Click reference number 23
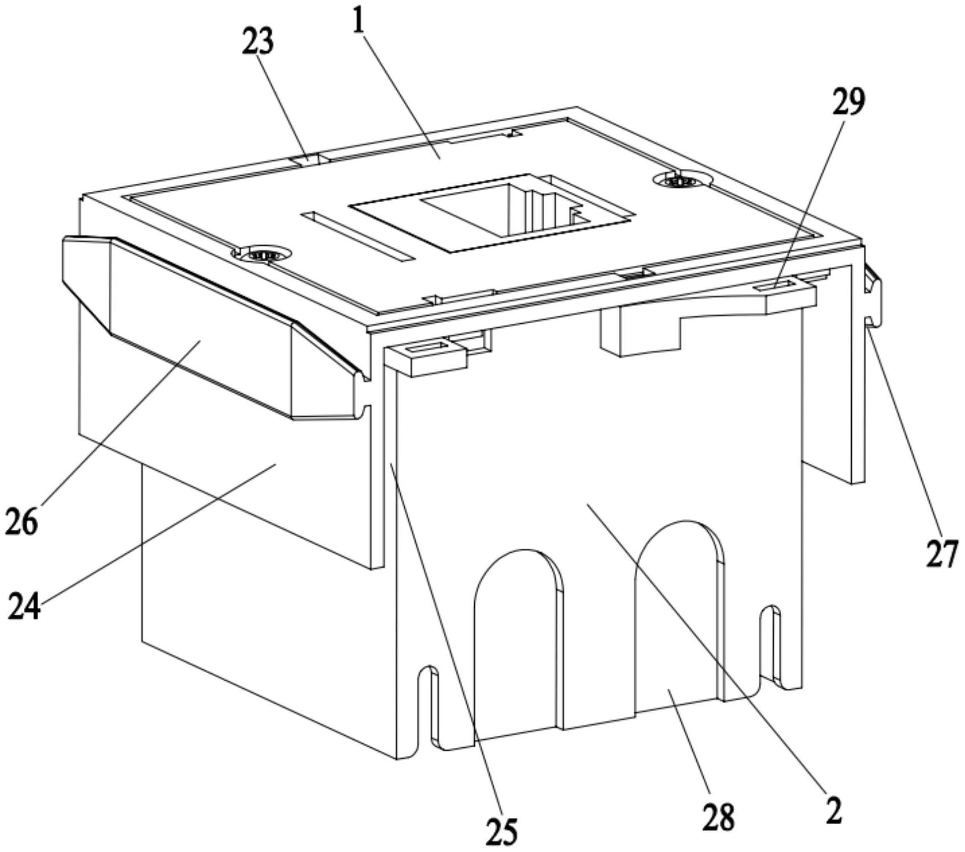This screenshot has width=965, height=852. coord(257,42)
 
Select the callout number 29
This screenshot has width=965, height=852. coord(848,102)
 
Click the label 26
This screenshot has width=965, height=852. coord(21,521)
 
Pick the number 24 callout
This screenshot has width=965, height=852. coord(24,606)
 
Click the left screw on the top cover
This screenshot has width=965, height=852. coord(262,254)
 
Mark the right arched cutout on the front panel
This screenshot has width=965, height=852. coord(677,615)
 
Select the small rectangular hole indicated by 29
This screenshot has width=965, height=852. coord(771,285)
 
